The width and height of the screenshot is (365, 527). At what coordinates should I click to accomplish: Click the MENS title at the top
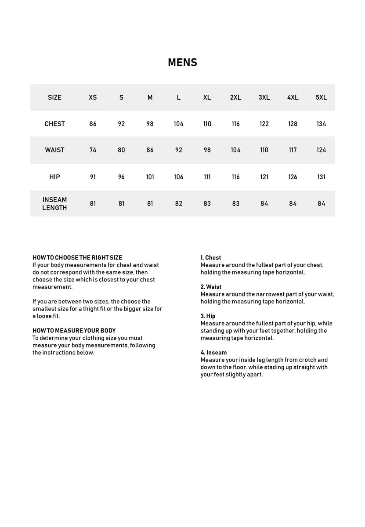(182, 62)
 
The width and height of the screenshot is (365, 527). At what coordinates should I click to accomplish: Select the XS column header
(93, 97)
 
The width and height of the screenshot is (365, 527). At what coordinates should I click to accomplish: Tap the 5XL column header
(321, 97)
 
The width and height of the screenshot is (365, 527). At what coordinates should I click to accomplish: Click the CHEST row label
(54, 124)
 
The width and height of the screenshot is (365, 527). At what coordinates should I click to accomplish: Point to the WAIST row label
(54, 150)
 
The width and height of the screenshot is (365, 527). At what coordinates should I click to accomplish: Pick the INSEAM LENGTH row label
(54, 204)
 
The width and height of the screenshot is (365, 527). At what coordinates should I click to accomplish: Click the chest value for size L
(178, 124)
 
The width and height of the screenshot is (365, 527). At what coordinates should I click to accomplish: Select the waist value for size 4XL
(293, 150)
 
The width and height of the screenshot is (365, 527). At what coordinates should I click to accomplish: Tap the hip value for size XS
(93, 177)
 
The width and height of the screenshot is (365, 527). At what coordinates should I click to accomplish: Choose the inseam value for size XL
(207, 204)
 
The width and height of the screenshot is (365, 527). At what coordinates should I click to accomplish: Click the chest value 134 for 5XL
(321, 124)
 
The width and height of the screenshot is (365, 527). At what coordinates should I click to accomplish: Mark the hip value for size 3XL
(264, 177)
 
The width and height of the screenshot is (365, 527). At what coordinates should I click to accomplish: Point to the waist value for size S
(121, 150)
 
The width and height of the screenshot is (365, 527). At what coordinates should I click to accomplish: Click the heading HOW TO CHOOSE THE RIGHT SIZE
(77, 258)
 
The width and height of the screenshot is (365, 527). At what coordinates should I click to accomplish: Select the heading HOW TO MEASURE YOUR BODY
(74, 331)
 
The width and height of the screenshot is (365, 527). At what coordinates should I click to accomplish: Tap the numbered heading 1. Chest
(211, 258)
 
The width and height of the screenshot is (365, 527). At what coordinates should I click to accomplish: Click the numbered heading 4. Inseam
(214, 353)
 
